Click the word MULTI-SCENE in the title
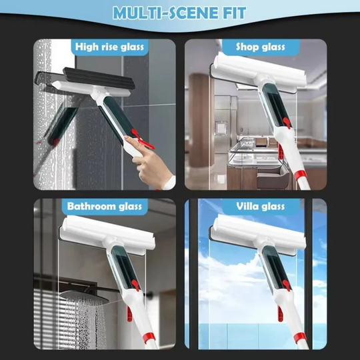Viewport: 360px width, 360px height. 159,13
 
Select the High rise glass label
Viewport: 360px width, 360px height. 109,47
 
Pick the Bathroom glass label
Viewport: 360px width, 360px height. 105,206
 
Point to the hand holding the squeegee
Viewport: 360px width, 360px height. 155,171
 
